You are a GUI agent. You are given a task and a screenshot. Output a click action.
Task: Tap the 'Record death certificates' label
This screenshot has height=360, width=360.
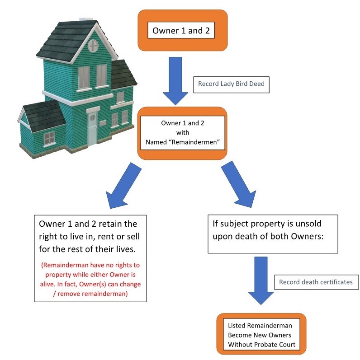(x=316, y=282)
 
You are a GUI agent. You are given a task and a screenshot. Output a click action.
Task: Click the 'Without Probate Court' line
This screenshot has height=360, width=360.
(x=261, y=345)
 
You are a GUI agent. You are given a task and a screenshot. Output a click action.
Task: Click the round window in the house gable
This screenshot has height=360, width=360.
(x=92, y=45)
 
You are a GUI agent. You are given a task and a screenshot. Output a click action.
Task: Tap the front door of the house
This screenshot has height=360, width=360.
(x=92, y=129)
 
